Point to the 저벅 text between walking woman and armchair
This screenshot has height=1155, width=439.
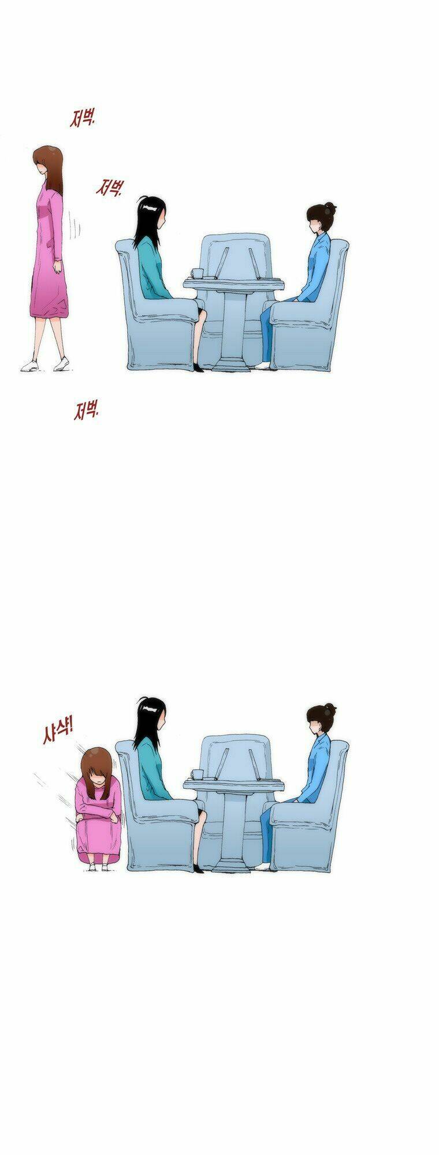click(110, 188)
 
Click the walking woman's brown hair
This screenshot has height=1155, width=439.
click(48, 165)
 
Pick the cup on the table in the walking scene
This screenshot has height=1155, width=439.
click(196, 273)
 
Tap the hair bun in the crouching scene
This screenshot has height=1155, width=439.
click(330, 707)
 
